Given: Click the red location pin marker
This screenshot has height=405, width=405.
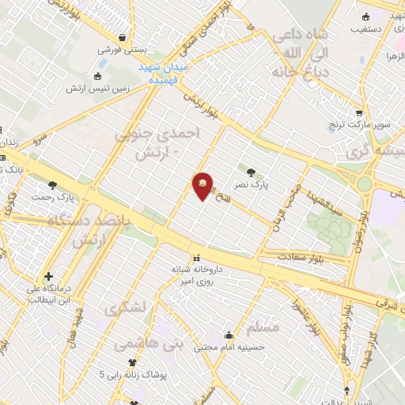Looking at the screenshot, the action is tap(203, 187).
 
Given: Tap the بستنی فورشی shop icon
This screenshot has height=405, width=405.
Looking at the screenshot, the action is tap(123, 36).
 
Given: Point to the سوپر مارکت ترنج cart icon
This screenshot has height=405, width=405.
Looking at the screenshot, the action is tap(360, 112).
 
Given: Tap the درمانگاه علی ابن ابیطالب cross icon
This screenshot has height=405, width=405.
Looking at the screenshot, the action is tap(49, 277).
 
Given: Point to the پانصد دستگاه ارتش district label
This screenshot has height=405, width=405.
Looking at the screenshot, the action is tap(103, 230).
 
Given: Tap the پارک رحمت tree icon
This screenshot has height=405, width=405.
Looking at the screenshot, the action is tap(53, 185).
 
